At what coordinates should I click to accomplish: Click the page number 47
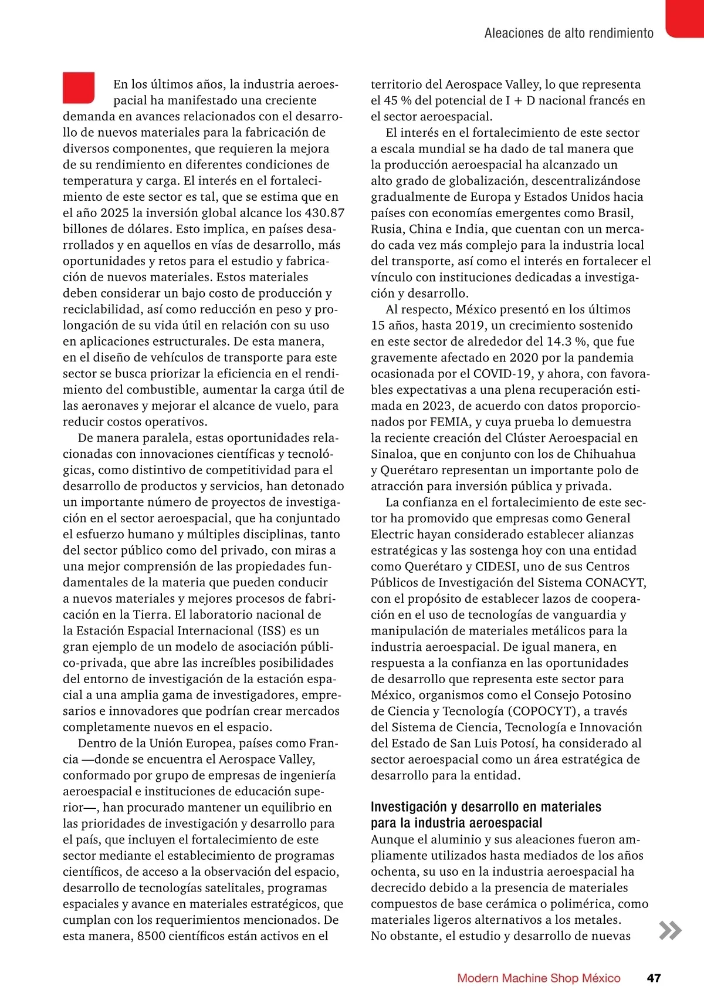point(654,978)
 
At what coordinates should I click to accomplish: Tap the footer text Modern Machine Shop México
point(539,978)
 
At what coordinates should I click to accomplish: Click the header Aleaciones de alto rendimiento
point(568,33)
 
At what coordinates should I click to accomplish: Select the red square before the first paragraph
point(79,87)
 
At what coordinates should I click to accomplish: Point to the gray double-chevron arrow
point(670,931)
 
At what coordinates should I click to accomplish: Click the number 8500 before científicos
point(151,936)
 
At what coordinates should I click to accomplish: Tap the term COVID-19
point(502,374)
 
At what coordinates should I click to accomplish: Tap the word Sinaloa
point(393,454)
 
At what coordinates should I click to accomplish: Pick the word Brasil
point(615,213)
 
